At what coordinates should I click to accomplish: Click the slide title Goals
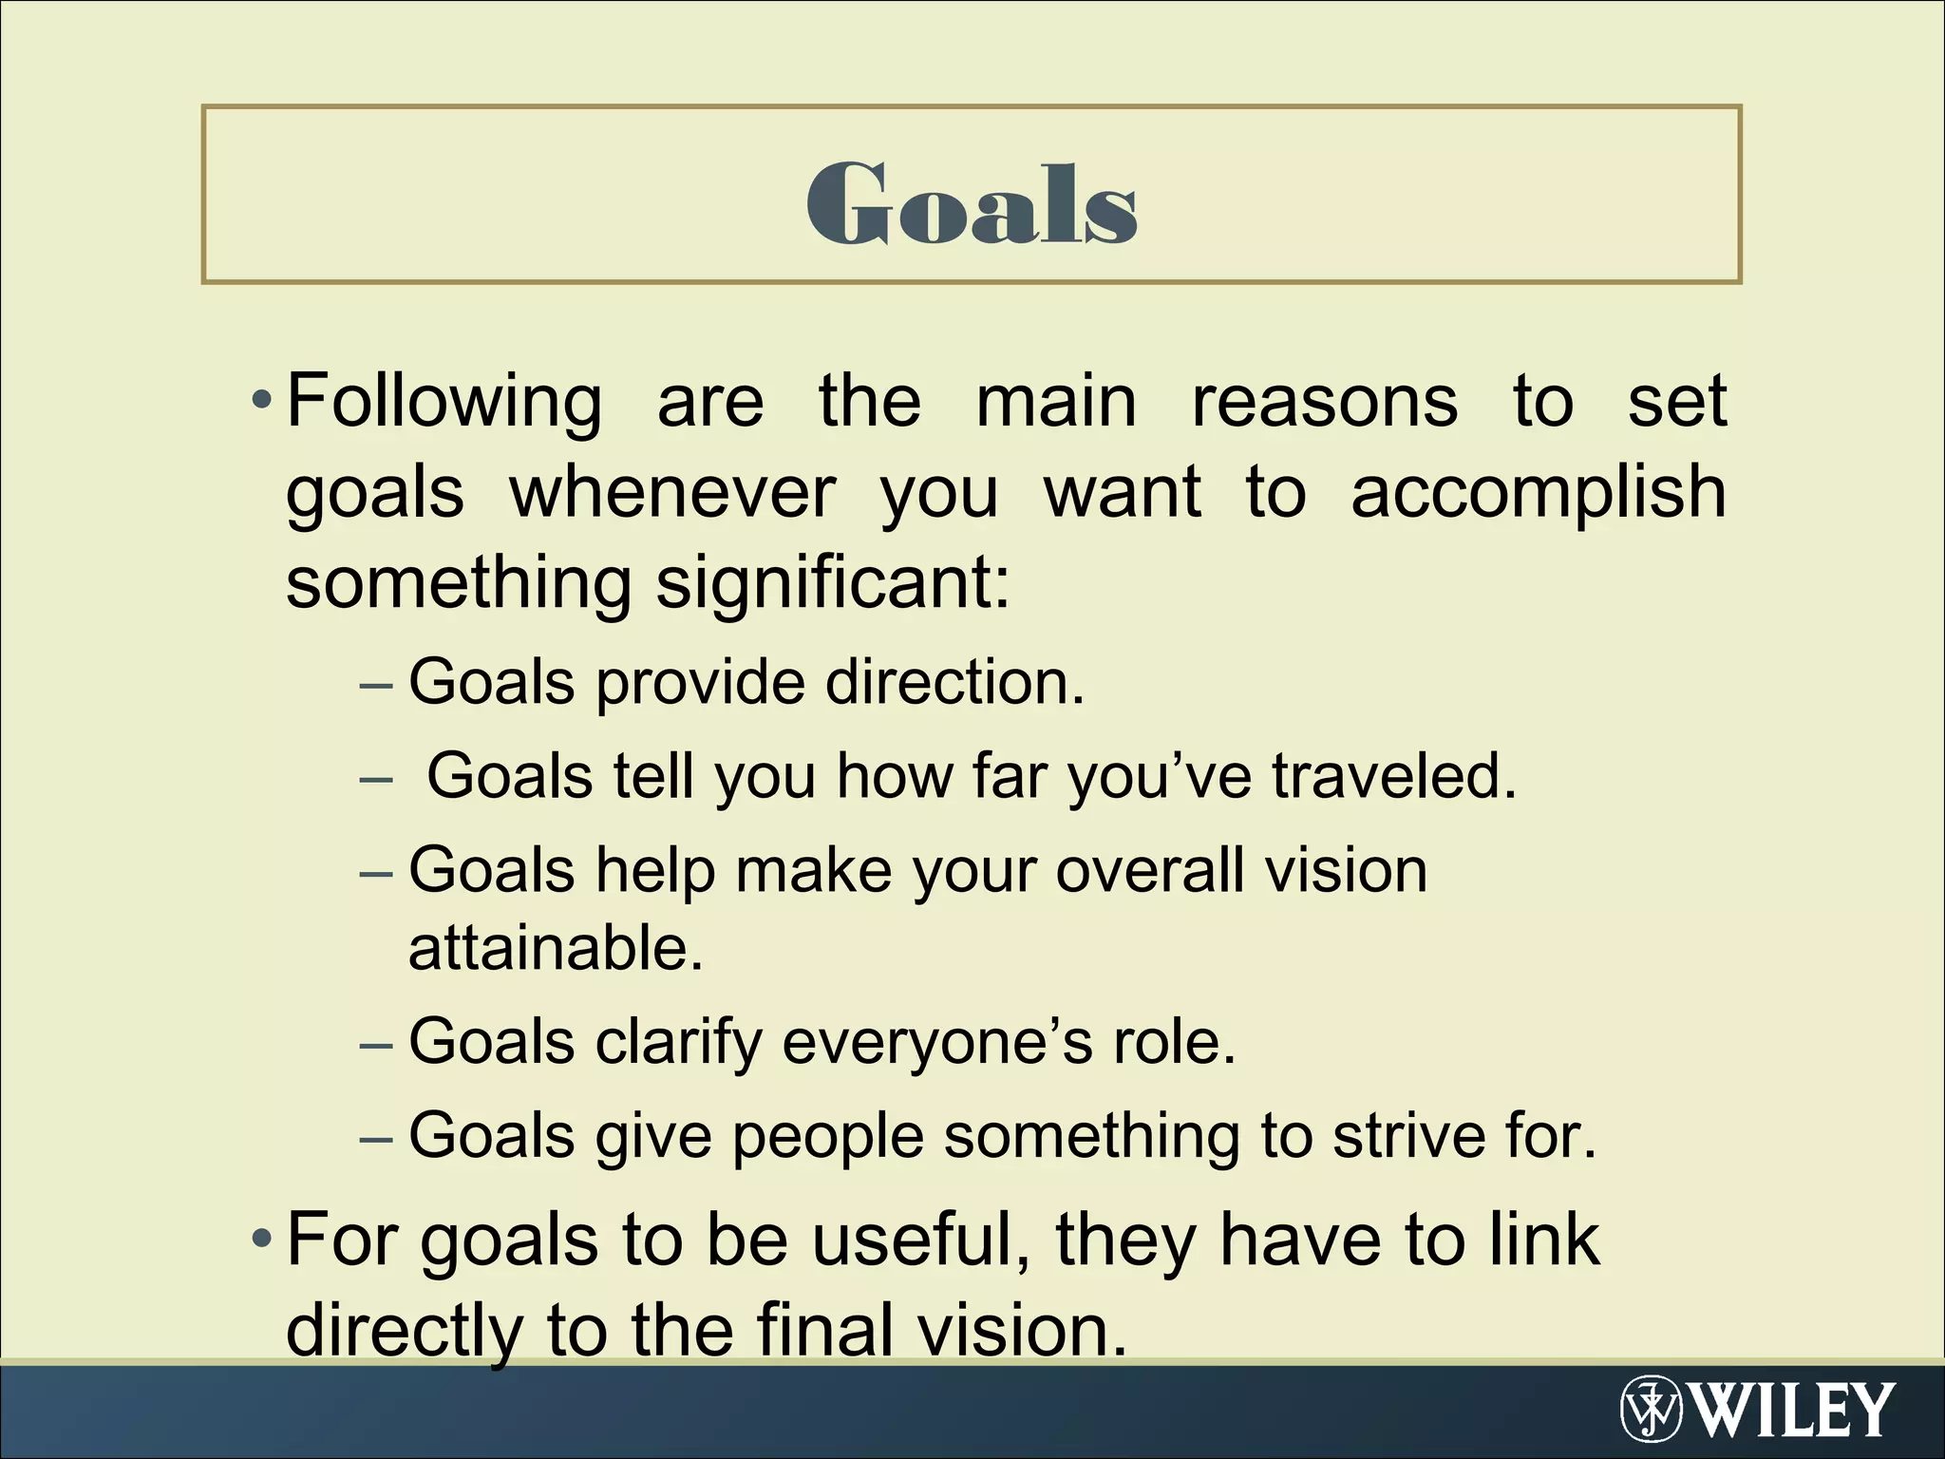pos(972,202)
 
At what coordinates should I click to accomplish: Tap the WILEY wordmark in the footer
pos(1794,1411)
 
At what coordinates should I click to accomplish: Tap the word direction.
pos(954,682)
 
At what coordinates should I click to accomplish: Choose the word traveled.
pos(1393,776)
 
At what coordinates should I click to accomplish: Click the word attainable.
pos(556,948)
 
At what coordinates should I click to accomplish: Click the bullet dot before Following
pos(261,402)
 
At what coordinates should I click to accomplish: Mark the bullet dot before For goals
pos(261,1240)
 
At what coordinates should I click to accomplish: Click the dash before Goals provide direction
pos(376,684)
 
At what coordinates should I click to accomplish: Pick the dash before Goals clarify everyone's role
pos(376,1045)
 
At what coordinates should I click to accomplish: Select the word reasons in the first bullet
pos(1324,402)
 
